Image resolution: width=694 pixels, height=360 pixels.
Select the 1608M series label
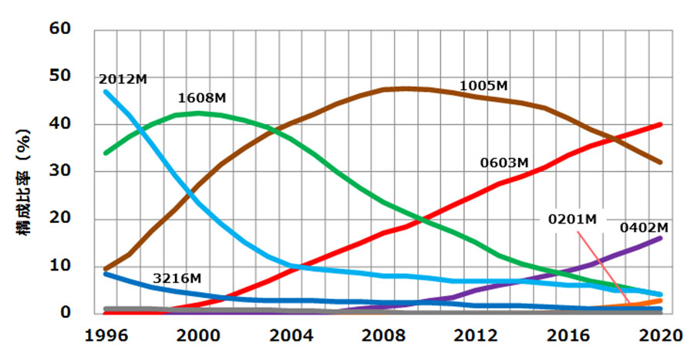[x=202, y=99]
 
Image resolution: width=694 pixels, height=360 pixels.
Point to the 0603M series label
[x=504, y=163]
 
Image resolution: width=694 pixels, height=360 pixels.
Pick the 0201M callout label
[x=574, y=220]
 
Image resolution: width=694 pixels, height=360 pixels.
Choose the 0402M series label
[x=644, y=227]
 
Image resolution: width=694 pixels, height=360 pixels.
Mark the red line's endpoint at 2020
[x=661, y=124]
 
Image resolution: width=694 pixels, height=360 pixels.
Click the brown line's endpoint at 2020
[x=661, y=162]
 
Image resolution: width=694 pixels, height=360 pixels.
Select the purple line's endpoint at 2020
[x=661, y=238]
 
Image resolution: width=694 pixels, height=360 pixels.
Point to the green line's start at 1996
[x=106, y=153]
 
